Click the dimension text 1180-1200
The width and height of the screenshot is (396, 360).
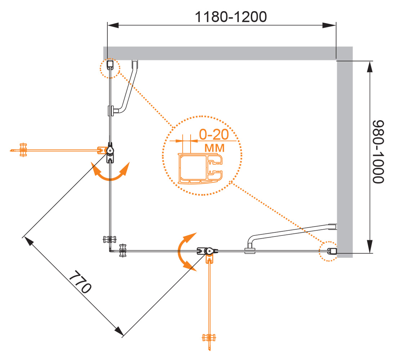[x=231, y=17]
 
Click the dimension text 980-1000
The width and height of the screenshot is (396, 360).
[x=379, y=152]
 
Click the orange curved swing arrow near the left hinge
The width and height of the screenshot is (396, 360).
[x=110, y=172]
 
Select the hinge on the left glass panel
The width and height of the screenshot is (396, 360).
[x=110, y=151]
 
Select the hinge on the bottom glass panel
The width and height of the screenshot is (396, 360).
[x=208, y=251]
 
